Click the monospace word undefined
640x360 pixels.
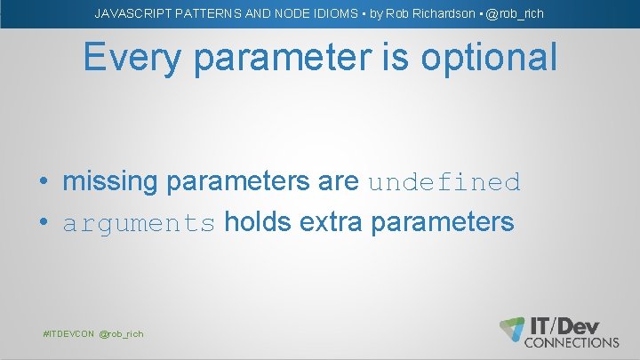tap(444, 183)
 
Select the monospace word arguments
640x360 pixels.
tap(139, 223)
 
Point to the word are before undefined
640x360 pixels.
tap(338, 182)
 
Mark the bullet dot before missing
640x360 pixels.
tap(44, 183)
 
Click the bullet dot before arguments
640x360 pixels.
tap(44, 223)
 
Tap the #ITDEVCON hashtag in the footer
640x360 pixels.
tap(69, 333)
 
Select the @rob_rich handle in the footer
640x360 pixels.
tap(121, 333)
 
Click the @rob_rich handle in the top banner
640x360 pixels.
tap(515, 14)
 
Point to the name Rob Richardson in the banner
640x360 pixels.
tap(426, 14)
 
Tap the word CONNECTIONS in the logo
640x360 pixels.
tap(572, 342)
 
